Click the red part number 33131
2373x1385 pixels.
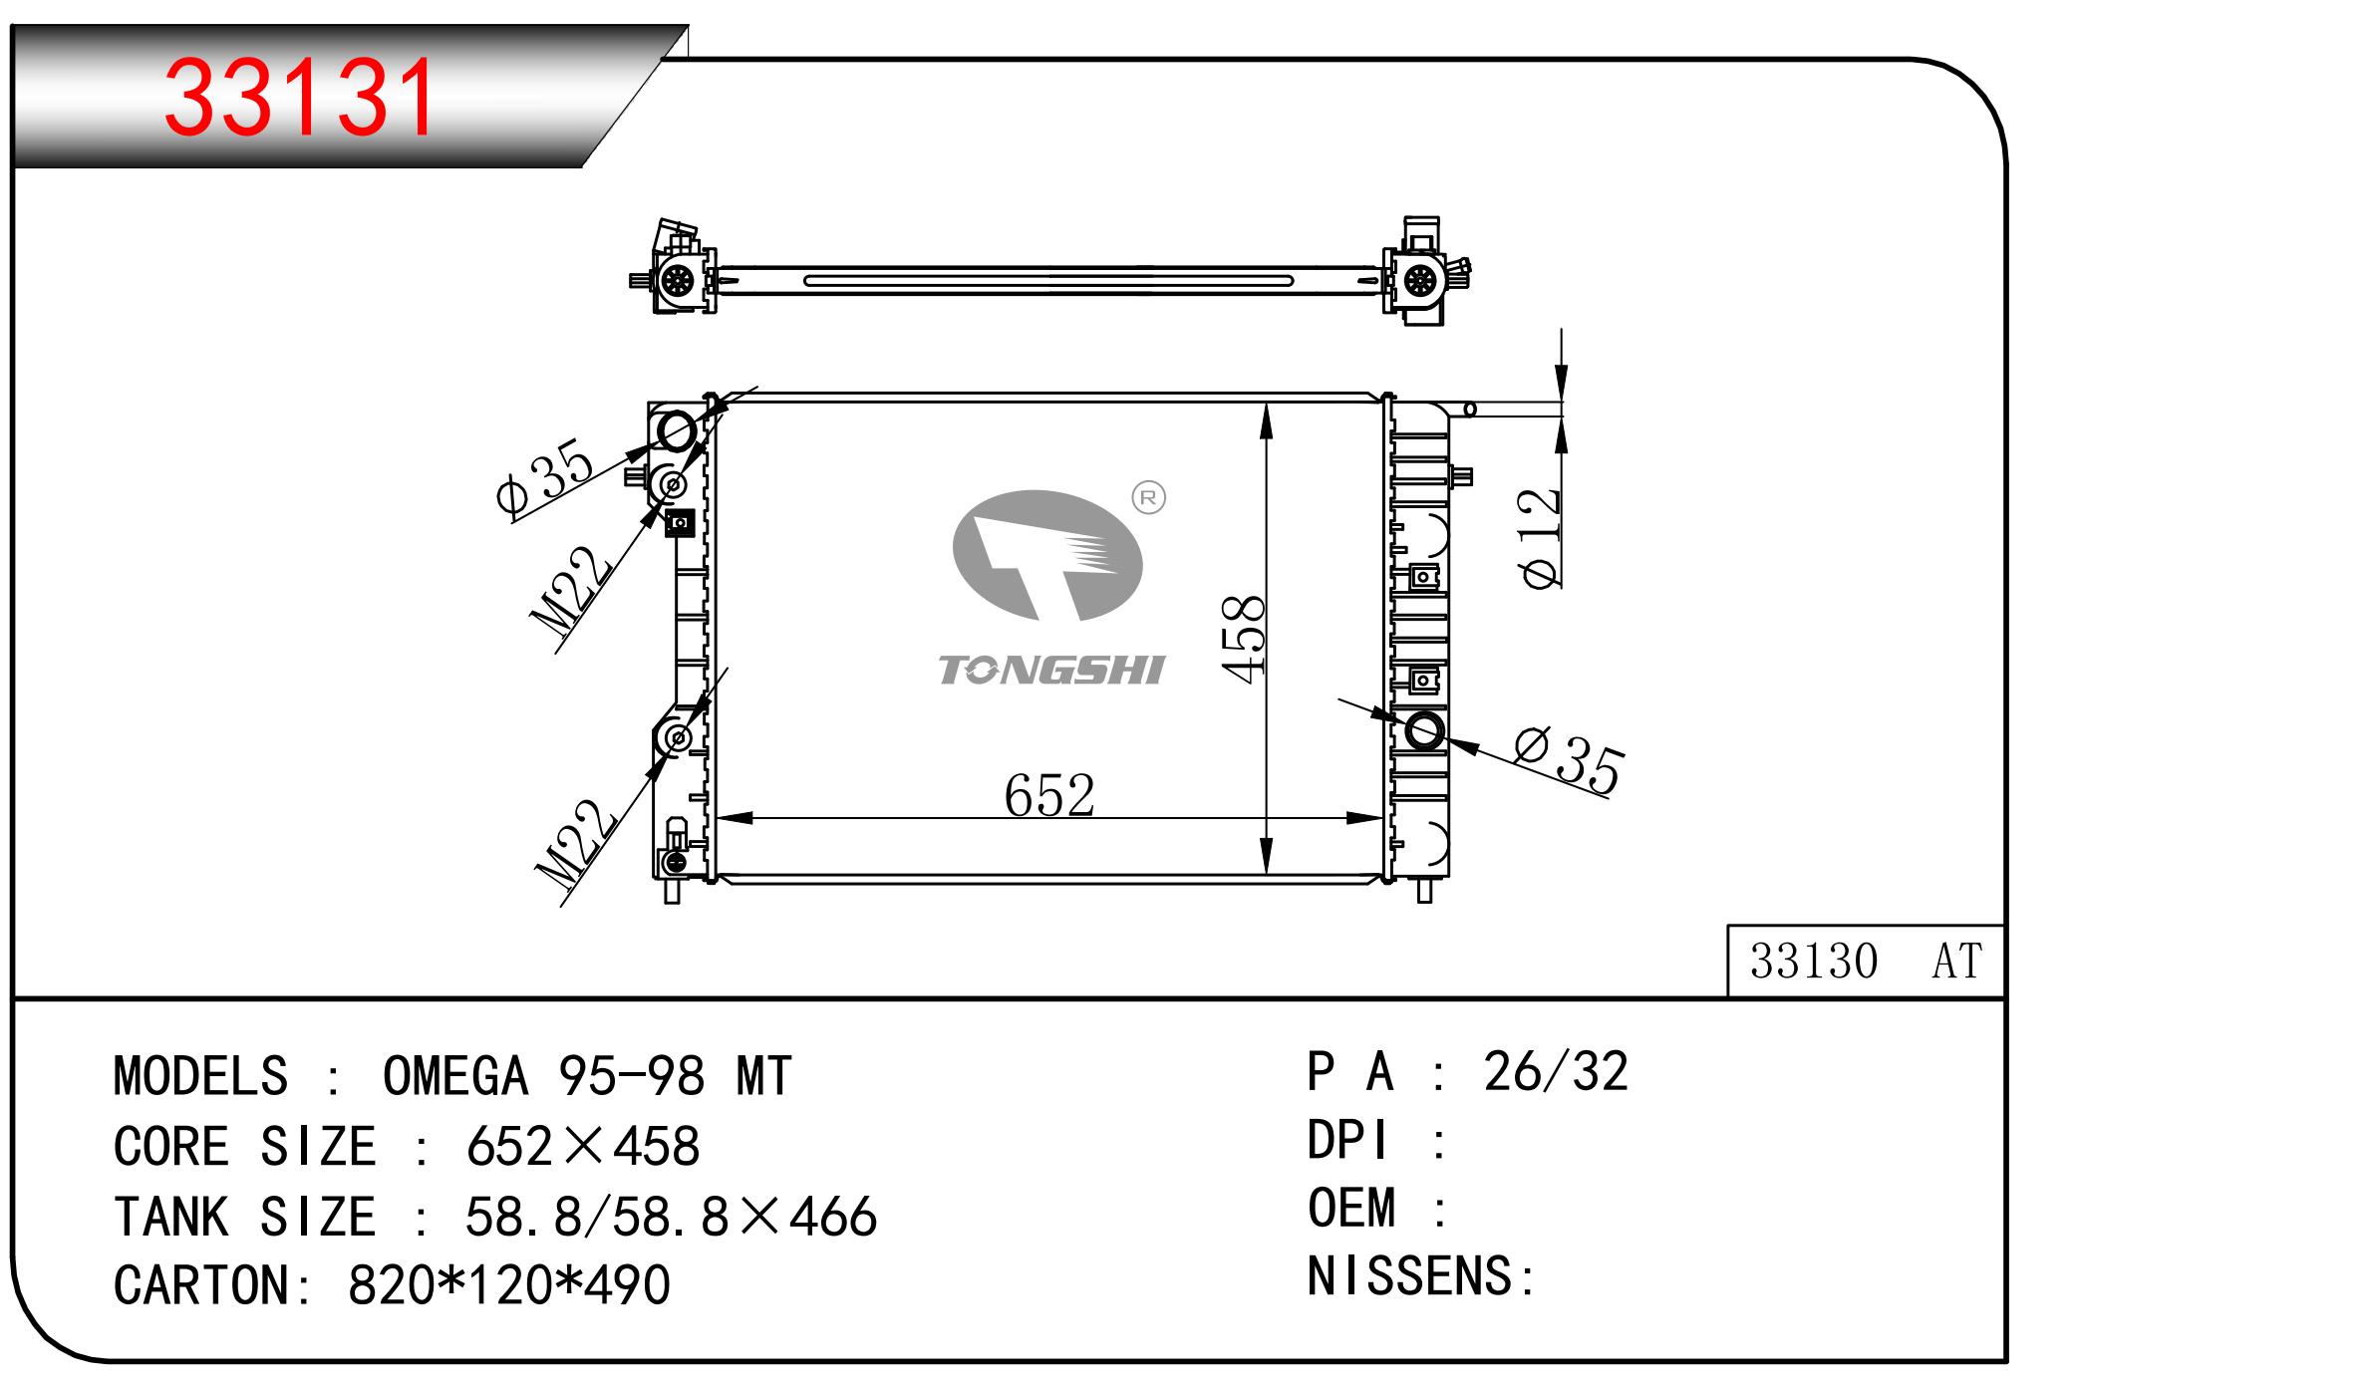point(299,97)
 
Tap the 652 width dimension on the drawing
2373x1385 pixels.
point(1049,795)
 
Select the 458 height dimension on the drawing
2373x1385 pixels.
point(1244,639)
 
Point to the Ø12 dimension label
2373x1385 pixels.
point(1540,538)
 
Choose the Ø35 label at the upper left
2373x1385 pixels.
point(545,475)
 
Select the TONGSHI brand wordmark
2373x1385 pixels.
point(1051,671)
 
